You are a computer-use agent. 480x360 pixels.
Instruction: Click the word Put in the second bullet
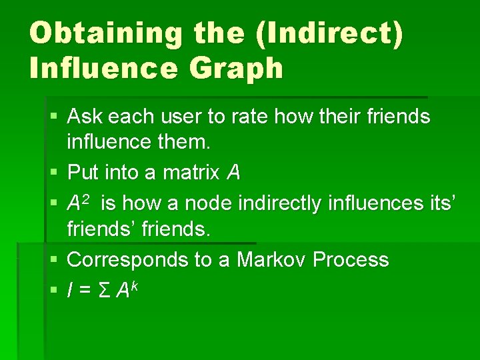(83, 173)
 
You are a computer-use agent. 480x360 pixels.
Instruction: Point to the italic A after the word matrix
(233, 173)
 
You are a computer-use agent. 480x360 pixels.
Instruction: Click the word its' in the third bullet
(440, 201)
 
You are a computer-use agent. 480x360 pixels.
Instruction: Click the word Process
(350, 259)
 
